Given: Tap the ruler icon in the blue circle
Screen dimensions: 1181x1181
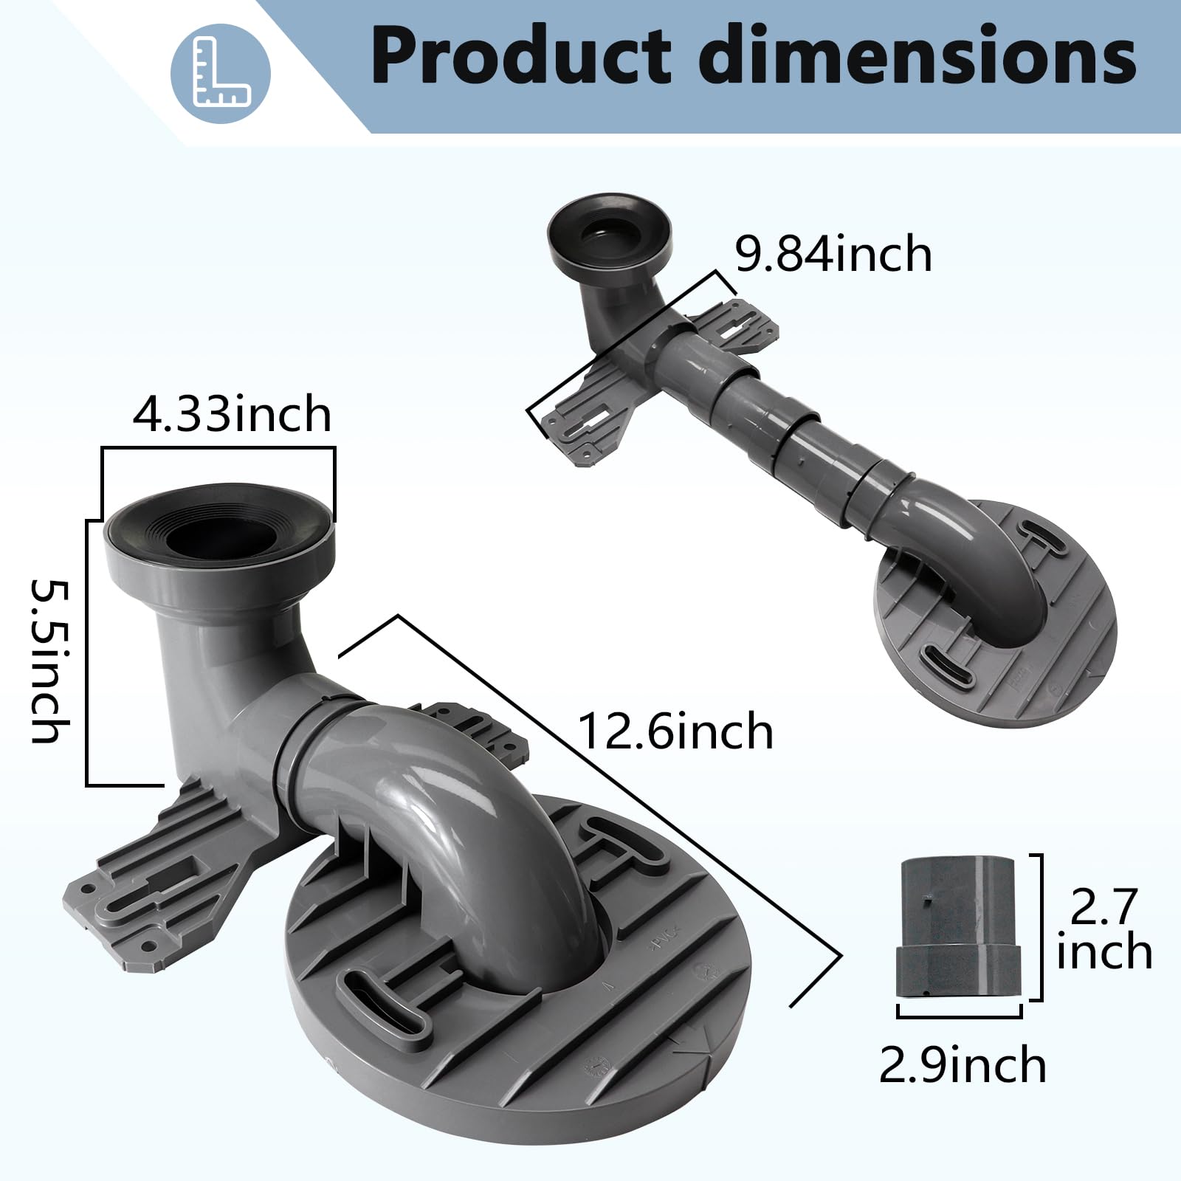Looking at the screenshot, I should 221,73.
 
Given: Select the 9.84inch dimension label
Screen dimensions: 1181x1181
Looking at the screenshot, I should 833,254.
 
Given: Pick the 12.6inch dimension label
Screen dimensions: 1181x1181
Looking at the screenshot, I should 675,731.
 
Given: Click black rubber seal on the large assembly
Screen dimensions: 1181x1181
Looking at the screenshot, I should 218,522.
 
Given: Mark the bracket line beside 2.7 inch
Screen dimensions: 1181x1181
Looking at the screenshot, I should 1041,926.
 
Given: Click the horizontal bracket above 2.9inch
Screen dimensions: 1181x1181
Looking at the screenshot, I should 960,1015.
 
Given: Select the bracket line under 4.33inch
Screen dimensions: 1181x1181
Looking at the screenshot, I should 218,449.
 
